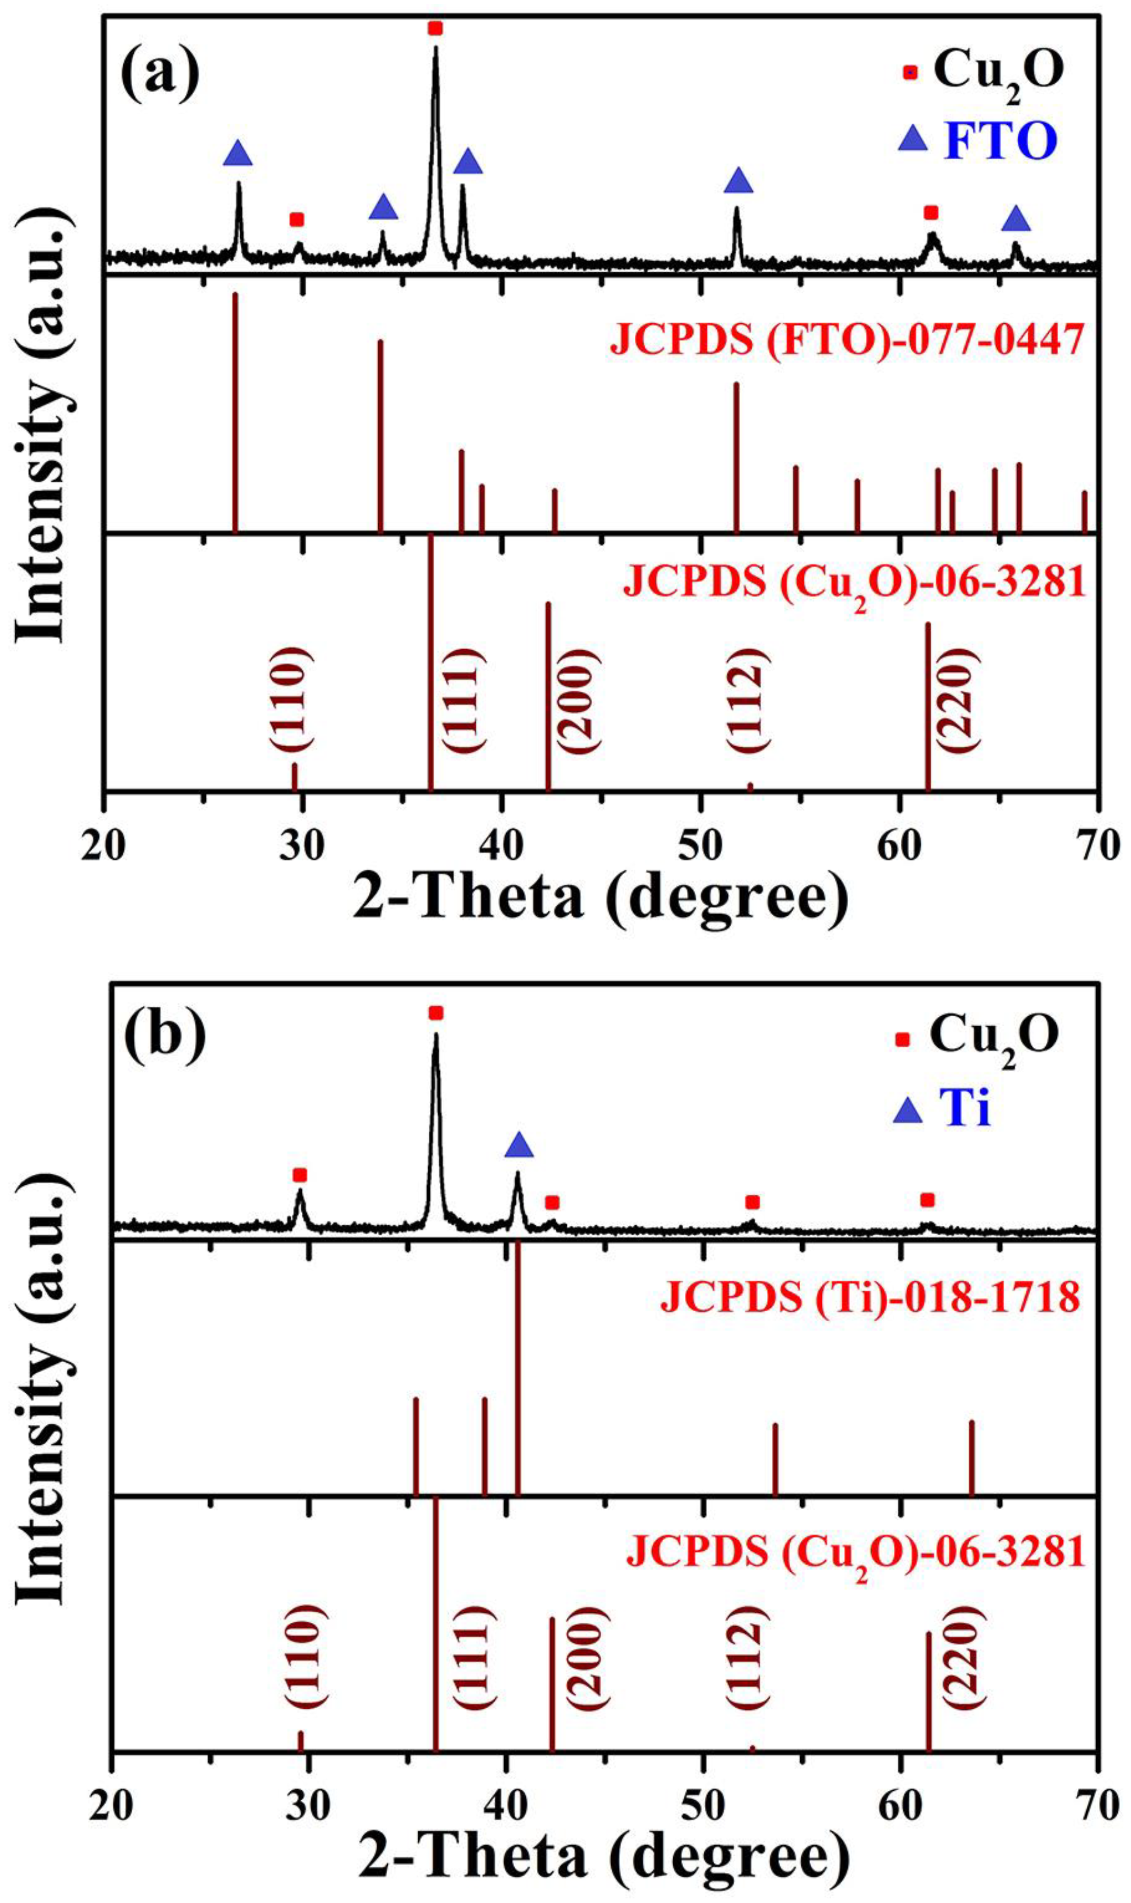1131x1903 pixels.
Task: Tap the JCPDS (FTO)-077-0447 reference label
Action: [847, 340]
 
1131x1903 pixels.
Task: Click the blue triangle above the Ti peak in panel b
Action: [519, 1144]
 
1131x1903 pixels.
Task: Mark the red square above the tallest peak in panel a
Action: [435, 29]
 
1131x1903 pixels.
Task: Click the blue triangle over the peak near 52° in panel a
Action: [737, 181]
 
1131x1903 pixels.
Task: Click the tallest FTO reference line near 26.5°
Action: [235, 411]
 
